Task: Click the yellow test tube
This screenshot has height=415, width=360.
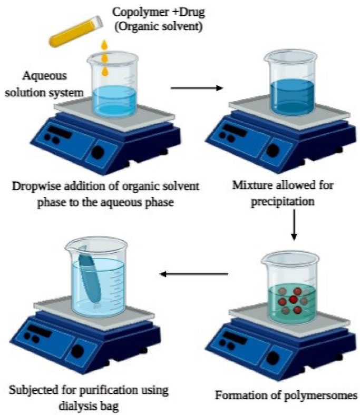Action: (76, 32)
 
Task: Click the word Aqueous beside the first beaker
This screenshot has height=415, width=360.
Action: (44, 76)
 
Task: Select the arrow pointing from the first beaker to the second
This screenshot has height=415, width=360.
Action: (197, 88)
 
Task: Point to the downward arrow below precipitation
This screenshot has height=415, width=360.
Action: (294, 225)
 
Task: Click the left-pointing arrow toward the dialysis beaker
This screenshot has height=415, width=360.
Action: (194, 274)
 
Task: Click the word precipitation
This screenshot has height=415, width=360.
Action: (283, 202)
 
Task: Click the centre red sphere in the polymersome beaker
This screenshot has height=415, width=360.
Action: (293, 300)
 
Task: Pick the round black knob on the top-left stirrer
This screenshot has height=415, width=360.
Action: (98, 152)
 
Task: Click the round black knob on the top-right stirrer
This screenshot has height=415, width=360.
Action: (273, 150)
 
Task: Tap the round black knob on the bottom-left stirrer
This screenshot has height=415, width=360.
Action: (77, 351)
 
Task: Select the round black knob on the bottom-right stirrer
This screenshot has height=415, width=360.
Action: (273, 358)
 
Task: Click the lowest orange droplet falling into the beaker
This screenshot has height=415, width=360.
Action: (105, 71)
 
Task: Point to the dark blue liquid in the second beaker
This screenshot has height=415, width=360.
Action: (292, 97)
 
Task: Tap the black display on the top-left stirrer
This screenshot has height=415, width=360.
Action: (60, 131)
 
